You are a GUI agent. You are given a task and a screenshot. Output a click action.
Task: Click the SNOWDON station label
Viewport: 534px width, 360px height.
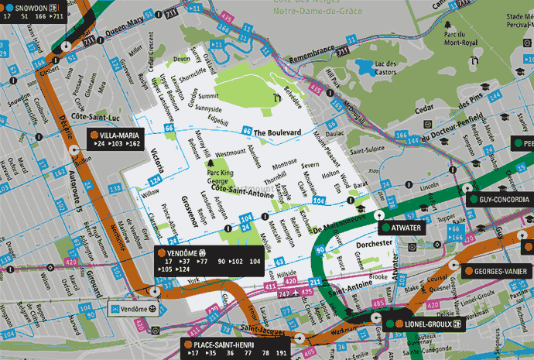click(x=26, y=8)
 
